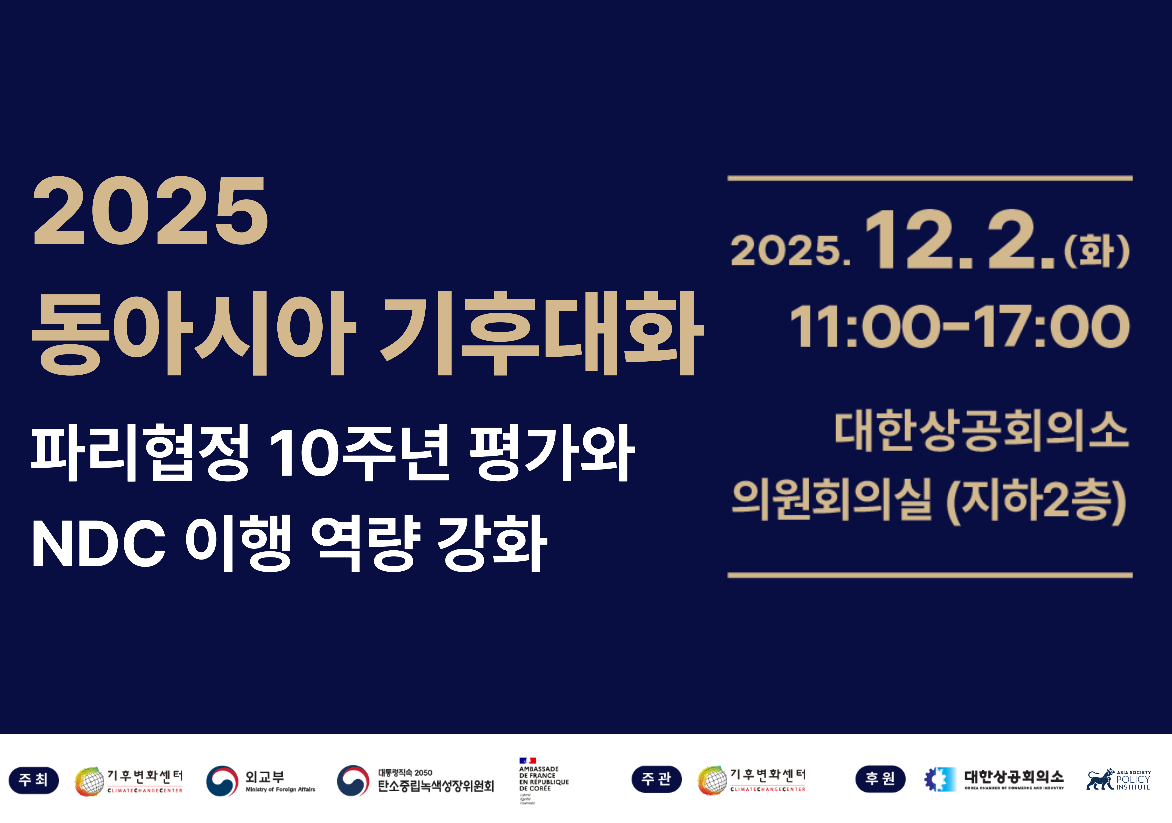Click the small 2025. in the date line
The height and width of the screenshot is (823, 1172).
pos(790,251)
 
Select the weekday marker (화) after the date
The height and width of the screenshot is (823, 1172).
pos(1096,251)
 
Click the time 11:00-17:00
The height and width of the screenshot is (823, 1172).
pos(960,327)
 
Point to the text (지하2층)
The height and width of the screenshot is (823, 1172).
pos(1036,500)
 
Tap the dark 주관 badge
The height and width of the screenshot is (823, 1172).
pos(656,779)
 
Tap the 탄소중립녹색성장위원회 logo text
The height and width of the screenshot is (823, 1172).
pos(435,786)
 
